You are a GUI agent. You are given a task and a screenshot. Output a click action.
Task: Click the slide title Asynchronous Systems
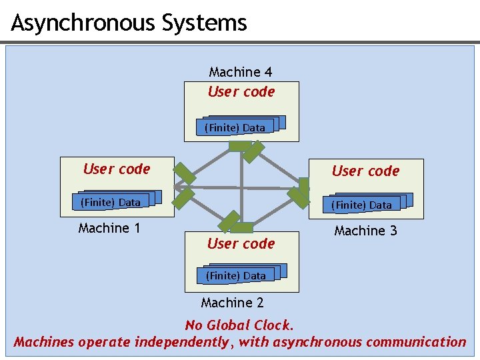(129, 23)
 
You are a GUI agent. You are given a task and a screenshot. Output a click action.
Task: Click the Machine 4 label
(241, 72)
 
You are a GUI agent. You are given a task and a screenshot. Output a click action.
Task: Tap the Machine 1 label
(109, 228)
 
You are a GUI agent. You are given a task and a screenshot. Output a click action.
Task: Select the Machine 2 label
(232, 303)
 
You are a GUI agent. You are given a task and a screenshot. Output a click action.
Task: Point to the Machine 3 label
(365, 231)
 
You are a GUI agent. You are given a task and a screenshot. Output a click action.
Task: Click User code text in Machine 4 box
(241, 92)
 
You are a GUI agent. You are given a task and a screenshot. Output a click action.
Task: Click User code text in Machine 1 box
(117, 169)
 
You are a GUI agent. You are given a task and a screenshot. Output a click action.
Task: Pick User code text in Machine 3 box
(365, 171)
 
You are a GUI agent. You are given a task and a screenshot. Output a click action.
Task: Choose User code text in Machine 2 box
(241, 244)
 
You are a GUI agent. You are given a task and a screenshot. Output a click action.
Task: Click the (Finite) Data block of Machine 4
(235, 127)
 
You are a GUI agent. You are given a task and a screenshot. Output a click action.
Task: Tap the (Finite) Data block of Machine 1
(111, 202)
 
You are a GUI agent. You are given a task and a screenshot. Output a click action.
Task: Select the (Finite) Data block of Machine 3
(362, 205)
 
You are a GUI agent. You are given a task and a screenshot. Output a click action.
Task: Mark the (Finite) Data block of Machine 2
(236, 275)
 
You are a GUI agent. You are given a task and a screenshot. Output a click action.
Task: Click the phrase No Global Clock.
(239, 325)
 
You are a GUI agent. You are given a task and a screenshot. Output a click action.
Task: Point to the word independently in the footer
(182, 342)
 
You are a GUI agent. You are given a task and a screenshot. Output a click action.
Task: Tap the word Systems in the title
(203, 23)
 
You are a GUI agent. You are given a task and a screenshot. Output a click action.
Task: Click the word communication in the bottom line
(416, 342)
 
